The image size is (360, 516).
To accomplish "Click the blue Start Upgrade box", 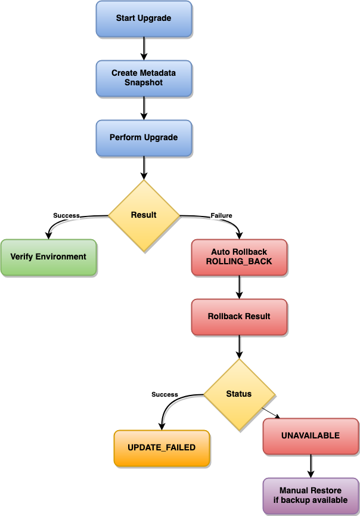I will (144, 18).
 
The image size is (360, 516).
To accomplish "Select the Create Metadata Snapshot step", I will (144, 78).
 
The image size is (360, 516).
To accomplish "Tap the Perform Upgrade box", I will (144, 138).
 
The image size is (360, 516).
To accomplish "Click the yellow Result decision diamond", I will (144, 215).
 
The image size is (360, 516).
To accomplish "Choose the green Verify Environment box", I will (48, 257).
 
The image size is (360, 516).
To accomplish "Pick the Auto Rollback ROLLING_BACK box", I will (239, 257).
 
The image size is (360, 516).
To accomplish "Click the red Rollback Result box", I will (239, 317).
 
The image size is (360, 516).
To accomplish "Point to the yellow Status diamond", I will (239, 394).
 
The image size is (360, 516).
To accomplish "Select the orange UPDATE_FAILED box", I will (162, 448).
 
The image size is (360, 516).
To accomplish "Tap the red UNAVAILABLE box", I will (311, 436).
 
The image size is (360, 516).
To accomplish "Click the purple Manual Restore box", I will (311, 496).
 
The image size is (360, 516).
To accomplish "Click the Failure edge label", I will (221, 215).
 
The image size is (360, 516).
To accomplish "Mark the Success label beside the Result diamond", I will (66, 215).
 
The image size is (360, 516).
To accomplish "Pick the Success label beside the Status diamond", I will (165, 394).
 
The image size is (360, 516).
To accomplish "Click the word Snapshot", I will (144, 83).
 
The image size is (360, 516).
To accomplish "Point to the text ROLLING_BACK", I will (239, 262).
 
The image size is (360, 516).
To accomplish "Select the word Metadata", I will (156, 73).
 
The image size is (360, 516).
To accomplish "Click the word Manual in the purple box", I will (294, 491).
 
